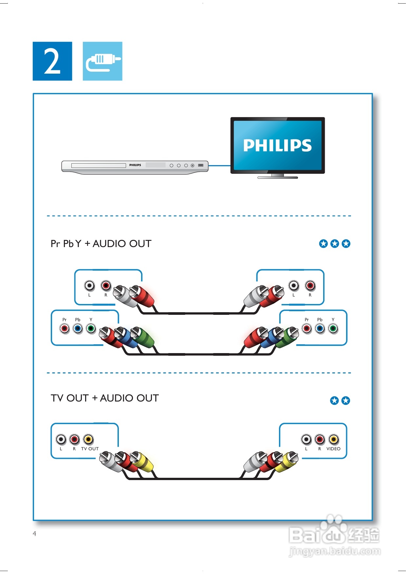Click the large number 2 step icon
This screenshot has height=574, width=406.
[52, 61]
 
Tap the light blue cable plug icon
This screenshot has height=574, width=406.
[102, 61]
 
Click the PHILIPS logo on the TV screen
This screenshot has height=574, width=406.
[277, 145]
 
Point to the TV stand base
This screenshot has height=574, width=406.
[278, 177]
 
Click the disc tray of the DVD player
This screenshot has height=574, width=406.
[99, 166]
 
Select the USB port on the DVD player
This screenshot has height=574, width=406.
[201, 165]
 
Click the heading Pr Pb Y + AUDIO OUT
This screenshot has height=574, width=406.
[101, 244]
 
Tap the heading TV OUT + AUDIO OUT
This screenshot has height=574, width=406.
[104, 398]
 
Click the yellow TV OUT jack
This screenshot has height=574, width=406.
[88, 439]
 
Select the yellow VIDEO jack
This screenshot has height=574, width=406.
[333, 439]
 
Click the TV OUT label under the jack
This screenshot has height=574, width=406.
[90, 449]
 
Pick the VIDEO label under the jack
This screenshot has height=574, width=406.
[333, 449]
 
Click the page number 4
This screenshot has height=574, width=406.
[34, 534]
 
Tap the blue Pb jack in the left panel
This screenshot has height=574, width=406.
[78, 328]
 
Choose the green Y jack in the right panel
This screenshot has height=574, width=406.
[333, 328]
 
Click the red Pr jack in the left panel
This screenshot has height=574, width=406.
[65, 328]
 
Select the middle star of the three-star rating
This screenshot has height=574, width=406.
[335, 244]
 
